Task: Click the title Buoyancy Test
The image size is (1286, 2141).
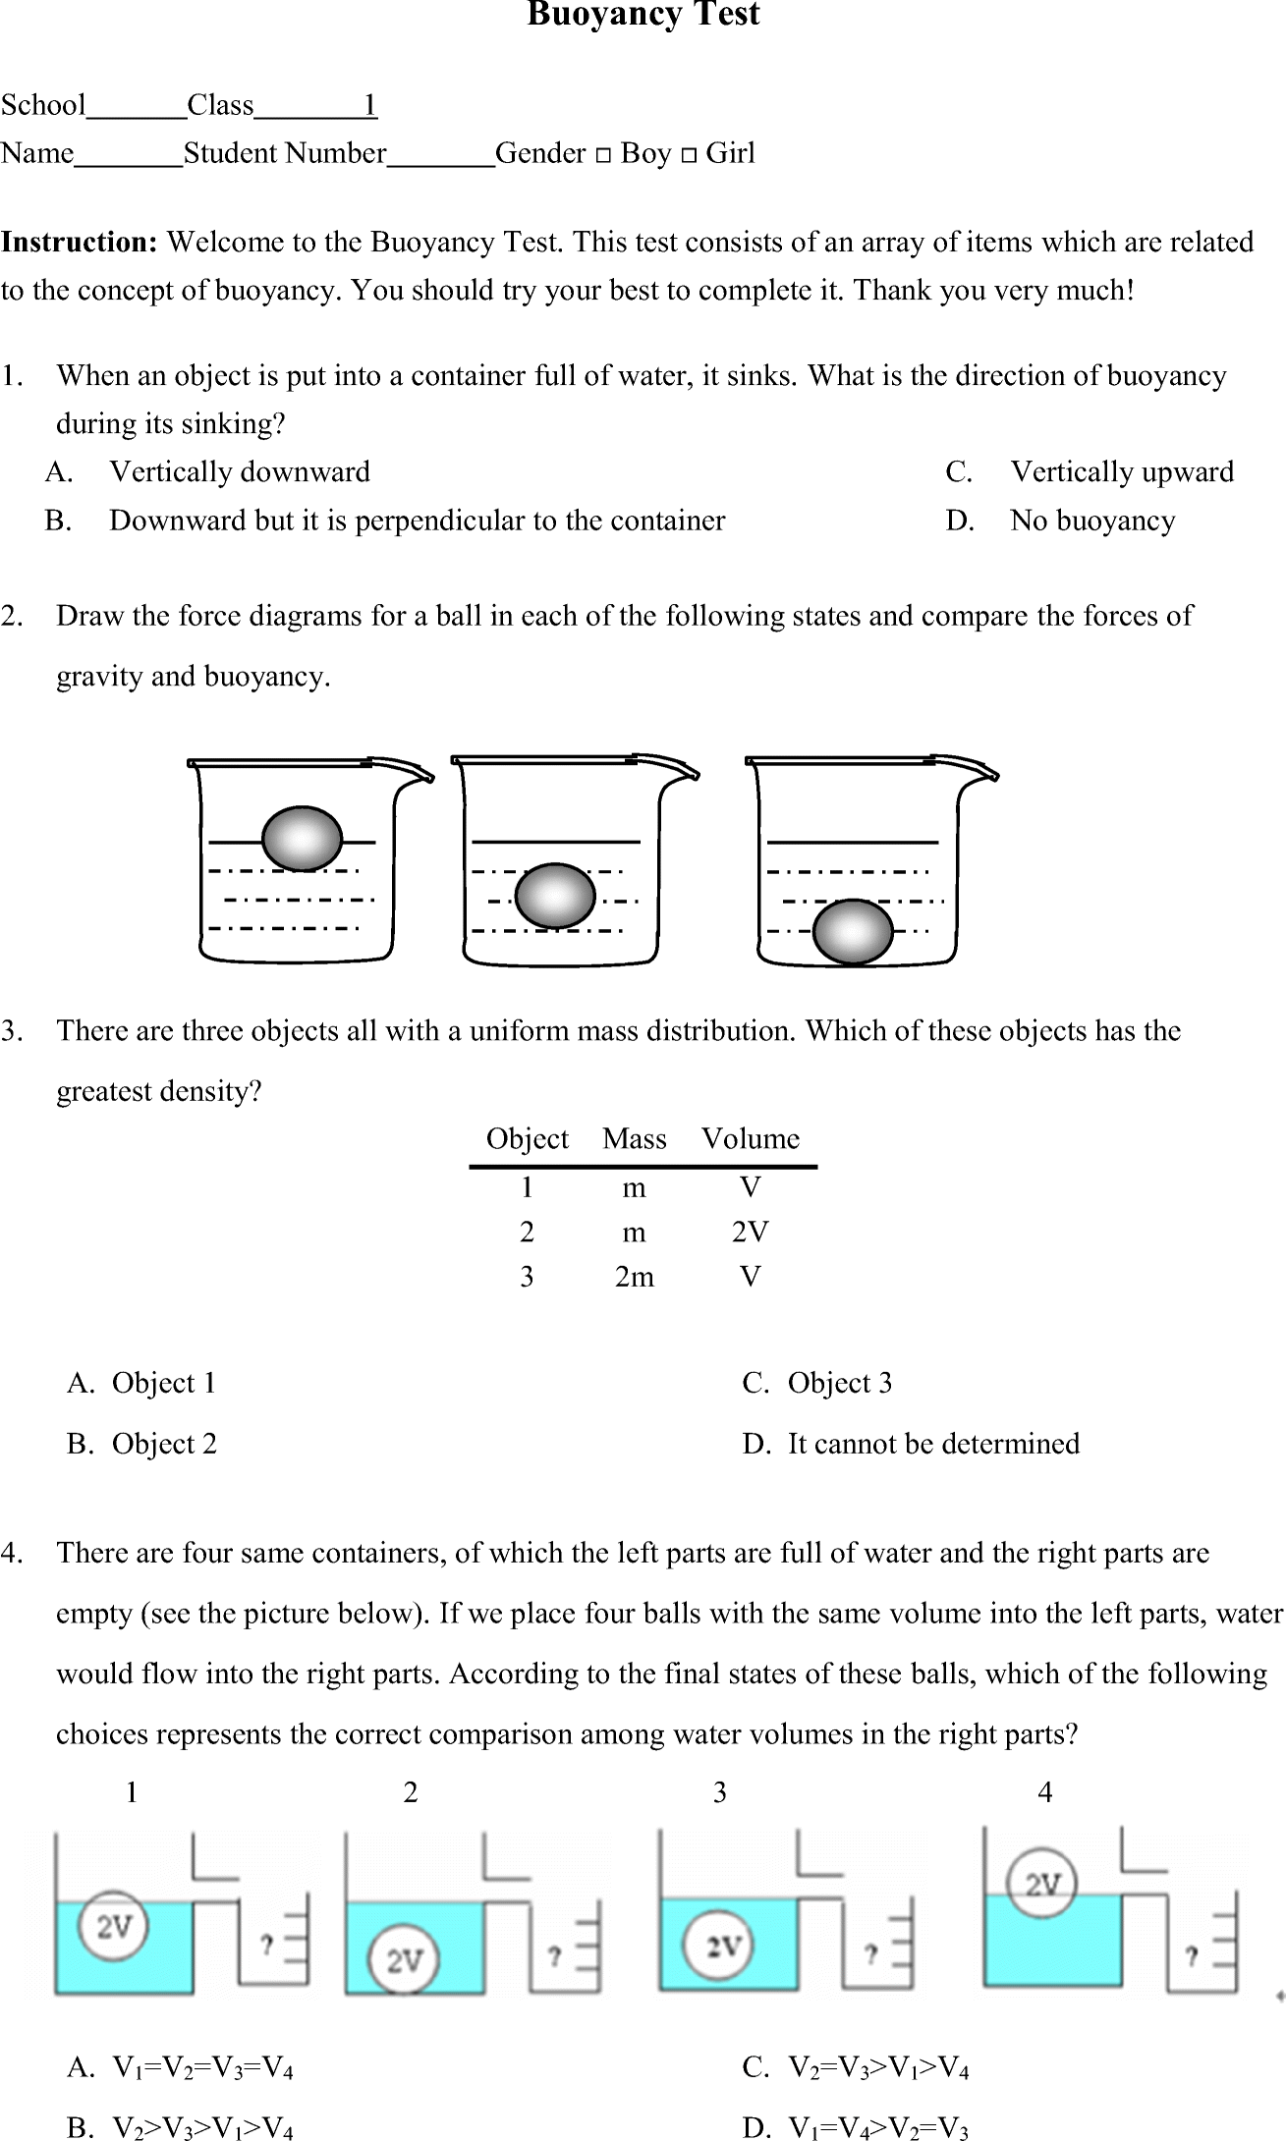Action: click(x=643, y=15)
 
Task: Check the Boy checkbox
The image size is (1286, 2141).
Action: click(x=603, y=155)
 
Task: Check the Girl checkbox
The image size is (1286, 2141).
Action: click(x=690, y=155)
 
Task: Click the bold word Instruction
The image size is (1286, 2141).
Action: click(x=79, y=243)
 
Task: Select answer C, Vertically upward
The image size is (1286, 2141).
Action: click(x=1121, y=472)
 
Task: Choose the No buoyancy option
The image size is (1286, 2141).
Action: click(x=1091, y=521)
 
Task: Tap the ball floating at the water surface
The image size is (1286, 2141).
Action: click(x=302, y=840)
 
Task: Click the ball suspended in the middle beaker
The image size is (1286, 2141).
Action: click(x=555, y=896)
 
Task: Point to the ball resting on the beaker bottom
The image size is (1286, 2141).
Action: click(x=853, y=931)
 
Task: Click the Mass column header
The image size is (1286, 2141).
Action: click(x=634, y=1139)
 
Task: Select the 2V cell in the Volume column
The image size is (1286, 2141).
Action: click(x=750, y=1233)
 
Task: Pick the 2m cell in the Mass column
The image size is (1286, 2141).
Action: click(x=634, y=1277)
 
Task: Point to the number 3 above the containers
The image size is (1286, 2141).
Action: click(x=719, y=1793)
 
